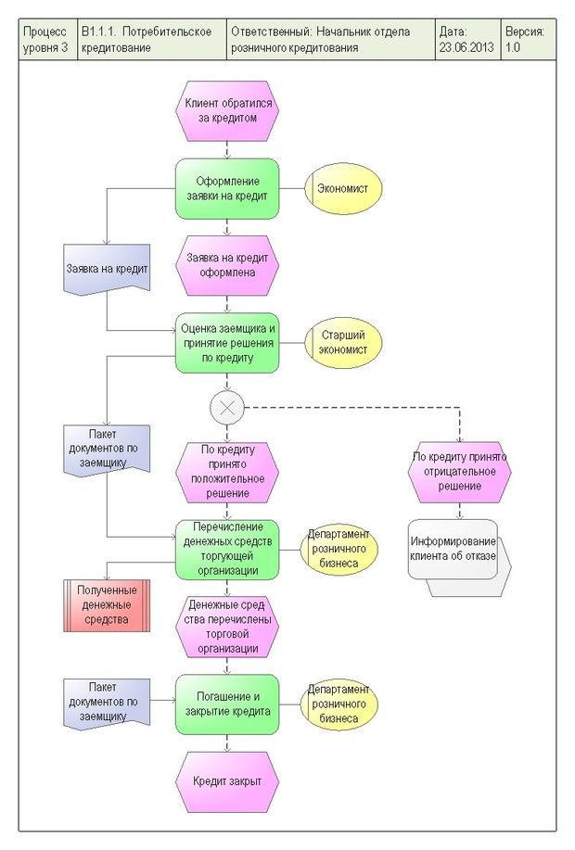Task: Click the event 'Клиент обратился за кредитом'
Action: point(227,111)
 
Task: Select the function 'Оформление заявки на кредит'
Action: point(227,189)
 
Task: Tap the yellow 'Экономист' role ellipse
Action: point(343,189)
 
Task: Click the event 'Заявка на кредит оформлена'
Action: point(227,266)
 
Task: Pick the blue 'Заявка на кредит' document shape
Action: point(107,270)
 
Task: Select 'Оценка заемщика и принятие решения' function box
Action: point(227,343)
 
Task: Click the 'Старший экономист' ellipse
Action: point(343,343)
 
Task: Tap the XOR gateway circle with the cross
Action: point(227,407)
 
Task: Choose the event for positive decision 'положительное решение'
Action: point(227,472)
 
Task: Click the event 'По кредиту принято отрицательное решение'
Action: point(459,472)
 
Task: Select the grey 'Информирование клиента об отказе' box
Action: point(459,557)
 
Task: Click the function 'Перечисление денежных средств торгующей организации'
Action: point(227,549)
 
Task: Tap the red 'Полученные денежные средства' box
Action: point(107,605)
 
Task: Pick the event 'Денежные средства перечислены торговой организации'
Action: point(227,628)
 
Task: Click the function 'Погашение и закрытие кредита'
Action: point(227,704)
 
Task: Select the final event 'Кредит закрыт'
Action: point(227,781)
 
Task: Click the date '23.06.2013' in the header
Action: point(466,47)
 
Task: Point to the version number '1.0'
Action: point(513,47)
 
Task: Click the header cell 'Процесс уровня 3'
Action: point(46,39)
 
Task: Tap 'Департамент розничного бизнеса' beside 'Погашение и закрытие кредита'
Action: point(339,704)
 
